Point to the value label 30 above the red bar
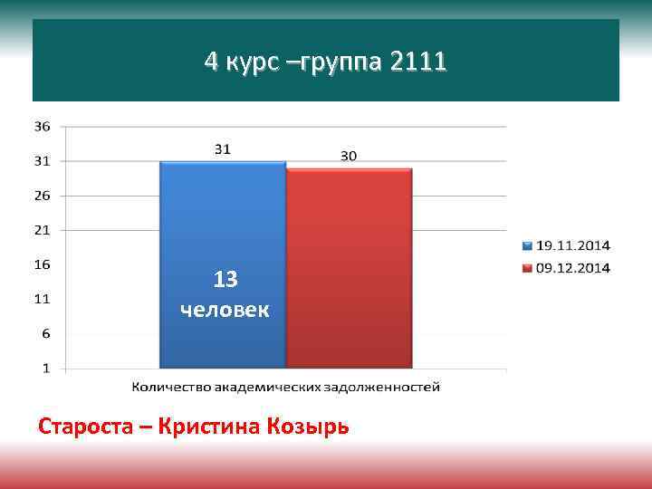pyautogui.click(x=349, y=156)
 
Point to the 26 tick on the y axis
pyautogui.click(x=43, y=195)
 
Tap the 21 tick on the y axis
pyautogui.click(x=43, y=230)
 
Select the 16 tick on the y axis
pyautogui.click(x=43, y=264)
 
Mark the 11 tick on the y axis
pyautogui.click(x=43, y=299)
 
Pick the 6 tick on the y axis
pyautogui.click(x=46, y=334)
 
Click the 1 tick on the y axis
pyautogui.click(x=46, y=369)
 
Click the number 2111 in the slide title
pyautogui.click(x=417, y=62)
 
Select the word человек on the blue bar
pyautogui.click(x=225, y=310)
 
